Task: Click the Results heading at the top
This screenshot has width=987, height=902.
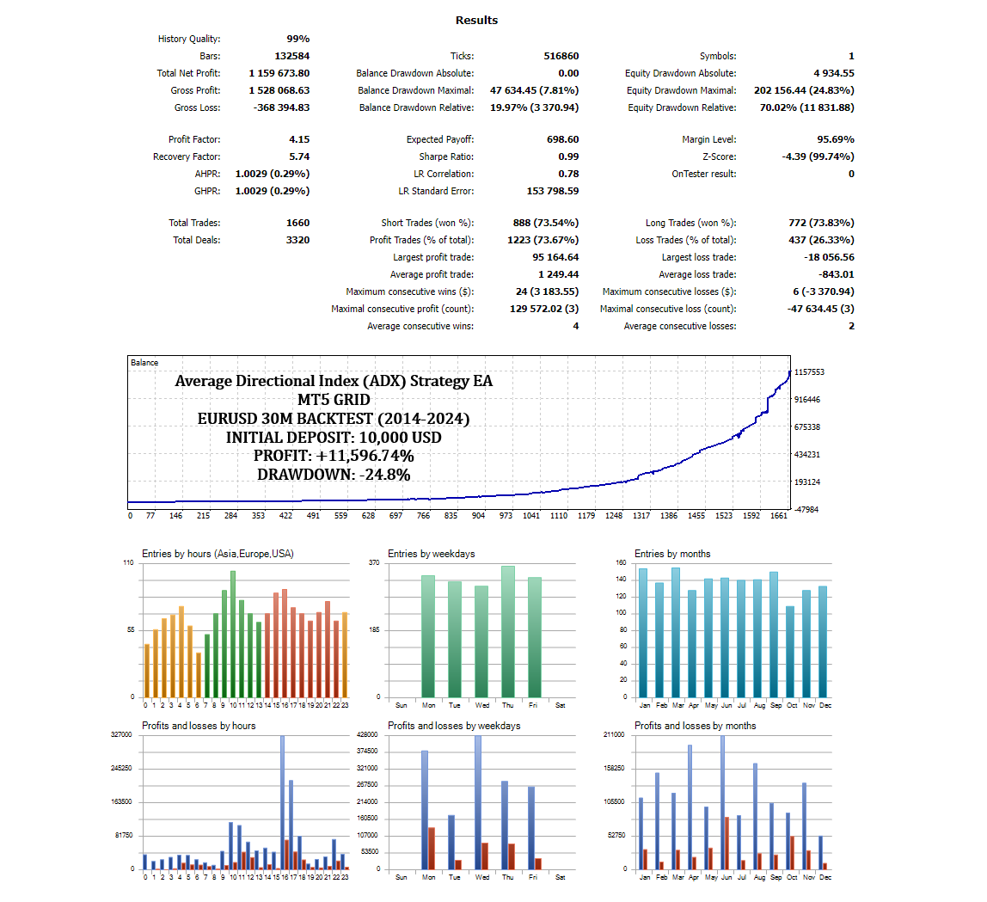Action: (476, 20)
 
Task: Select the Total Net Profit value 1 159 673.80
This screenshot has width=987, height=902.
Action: (279, 73)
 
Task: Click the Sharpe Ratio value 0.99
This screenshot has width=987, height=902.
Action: (568, 156)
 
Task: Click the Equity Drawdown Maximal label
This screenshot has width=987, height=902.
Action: (681, 90)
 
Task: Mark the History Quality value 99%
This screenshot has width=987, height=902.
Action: (297, 39)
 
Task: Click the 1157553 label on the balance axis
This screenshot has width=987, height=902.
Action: (810, 372)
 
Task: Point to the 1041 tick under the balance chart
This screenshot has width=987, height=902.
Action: (531, 516)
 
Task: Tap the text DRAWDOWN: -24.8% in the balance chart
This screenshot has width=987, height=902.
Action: (334, 474)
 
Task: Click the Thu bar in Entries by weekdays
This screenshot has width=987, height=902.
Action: (508, 631)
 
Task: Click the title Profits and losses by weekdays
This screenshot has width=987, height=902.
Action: (454, 726)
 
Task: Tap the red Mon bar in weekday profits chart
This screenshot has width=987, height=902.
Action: (432, 848)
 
